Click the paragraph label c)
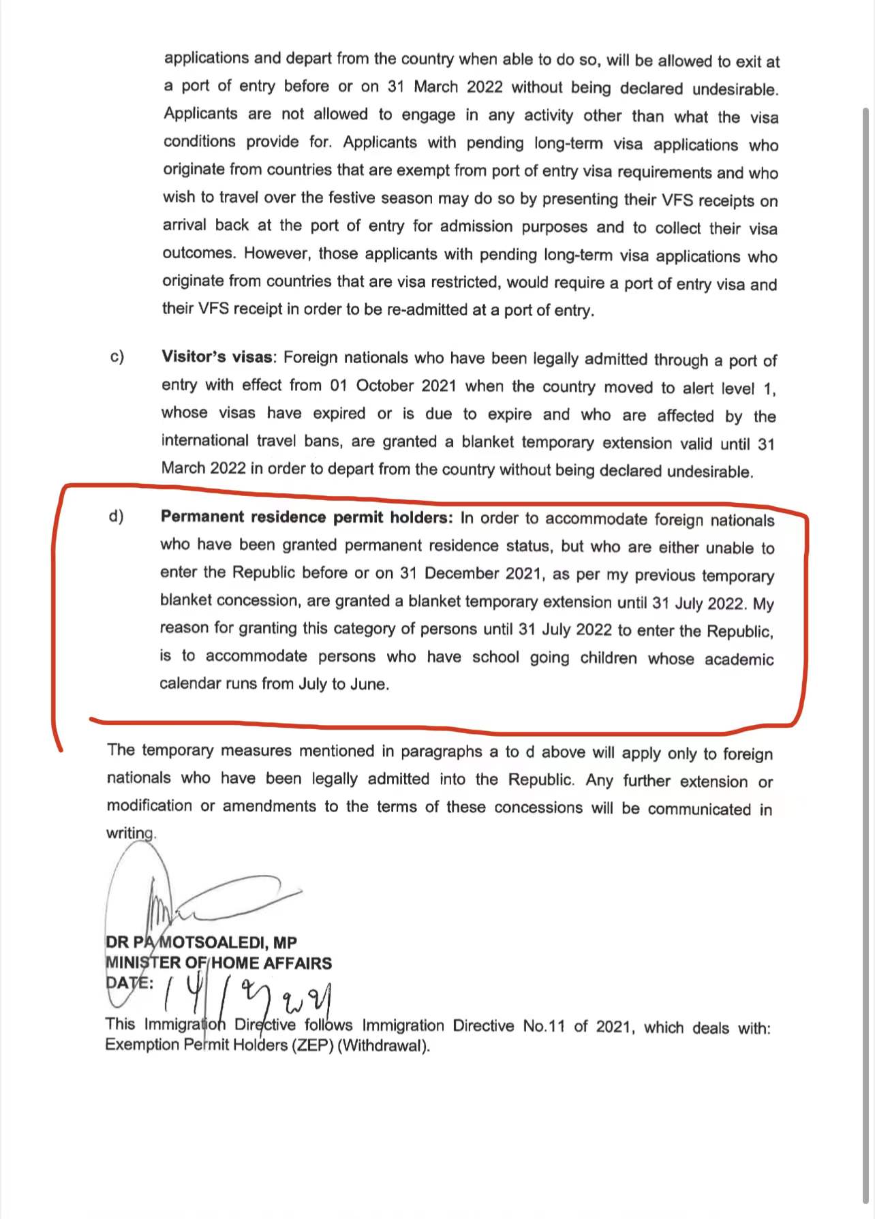tap(117, 356)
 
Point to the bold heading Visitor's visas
tap(217, 357)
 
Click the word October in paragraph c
tap(385, 386)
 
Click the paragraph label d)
tap(116, 516)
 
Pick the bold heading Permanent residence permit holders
tap(306, 517)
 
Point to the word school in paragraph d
tap(495, 657)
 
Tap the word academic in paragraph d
tap(739, 659)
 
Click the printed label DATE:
tap(129, 983)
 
